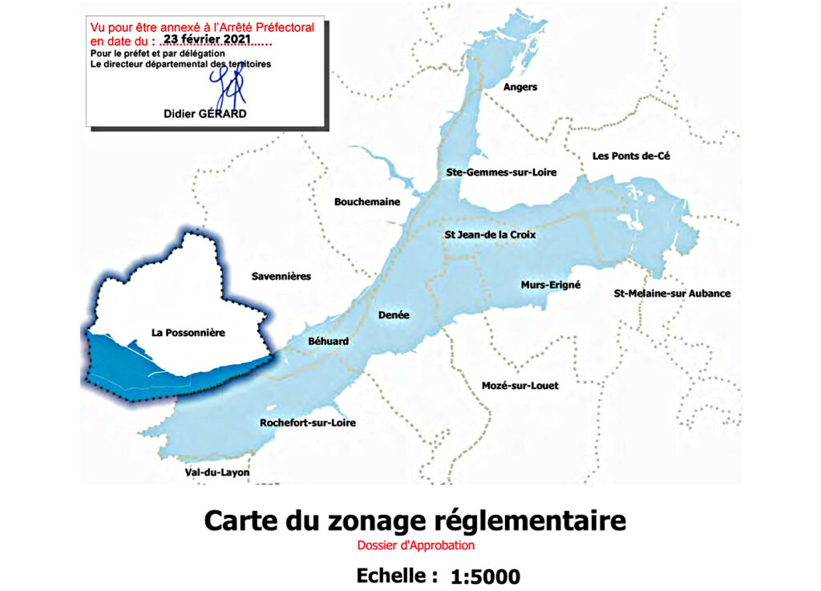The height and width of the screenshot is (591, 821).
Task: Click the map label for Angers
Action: tap(520, 87)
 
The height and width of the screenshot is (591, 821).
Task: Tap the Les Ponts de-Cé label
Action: tap(630, 156)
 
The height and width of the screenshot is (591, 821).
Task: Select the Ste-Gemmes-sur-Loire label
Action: tap(501, 172)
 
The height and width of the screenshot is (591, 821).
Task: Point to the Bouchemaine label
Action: tap(367, 202)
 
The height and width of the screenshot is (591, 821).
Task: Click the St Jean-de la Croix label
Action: tap(490, 235)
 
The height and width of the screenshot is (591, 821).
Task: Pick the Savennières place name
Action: tap(281, 277)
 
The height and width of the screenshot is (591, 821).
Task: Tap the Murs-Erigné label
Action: tap(550, 285)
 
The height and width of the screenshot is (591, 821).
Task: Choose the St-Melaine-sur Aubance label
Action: tap(672, 293)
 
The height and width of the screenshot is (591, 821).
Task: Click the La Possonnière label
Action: tap(188, 332)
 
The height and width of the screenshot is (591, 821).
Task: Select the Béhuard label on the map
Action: tap(329, 342)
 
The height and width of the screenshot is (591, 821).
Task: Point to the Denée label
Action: tap(394, 315)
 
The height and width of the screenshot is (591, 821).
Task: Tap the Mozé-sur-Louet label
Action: tap(520, 386)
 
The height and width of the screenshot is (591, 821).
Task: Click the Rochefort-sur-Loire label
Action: tap(308, 423)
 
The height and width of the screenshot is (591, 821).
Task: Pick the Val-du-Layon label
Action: tap(217, 473)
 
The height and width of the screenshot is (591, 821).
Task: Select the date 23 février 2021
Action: tap(207, 38)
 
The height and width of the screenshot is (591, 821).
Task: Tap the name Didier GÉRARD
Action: tap(204, 114)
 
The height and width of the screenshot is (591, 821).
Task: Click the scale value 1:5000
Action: tap(485, 576)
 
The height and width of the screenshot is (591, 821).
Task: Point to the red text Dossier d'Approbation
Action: tap(416, 546)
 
